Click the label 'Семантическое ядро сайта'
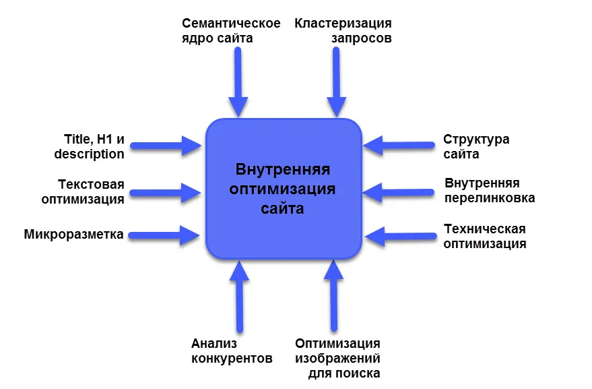tap(231, 30)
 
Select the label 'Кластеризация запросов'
tap(343, 30)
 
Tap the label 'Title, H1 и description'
tap(89, 147)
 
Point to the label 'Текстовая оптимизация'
tap(83, 191)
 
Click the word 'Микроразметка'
tap(73, 235)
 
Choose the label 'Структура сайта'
tap(476, 147)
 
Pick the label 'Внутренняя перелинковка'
tap(490, 191)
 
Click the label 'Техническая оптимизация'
tap(485, 236)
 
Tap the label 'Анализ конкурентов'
tap(232, 351)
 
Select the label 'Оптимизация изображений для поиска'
tap(337, 359)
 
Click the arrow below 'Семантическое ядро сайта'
tap(238, 82)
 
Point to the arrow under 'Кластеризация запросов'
tap(336, 82)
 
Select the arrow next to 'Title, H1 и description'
tap(166, 146)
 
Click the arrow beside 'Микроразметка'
tap(164, 235)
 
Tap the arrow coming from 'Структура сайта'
tap(399, 145)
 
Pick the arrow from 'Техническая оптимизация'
tap(401, 237)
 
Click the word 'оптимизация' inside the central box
tap(282, 189)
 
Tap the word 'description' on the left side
tap(89, 154)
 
